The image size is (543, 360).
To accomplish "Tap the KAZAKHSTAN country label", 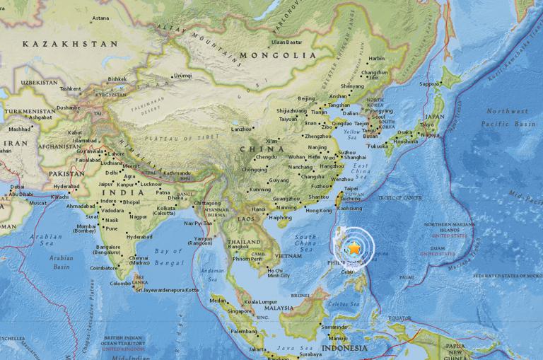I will pos(69,44).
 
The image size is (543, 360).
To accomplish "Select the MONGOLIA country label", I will pos(277,55).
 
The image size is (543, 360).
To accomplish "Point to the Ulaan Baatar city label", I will pos(286,42).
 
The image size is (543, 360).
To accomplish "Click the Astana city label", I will pos(100,18).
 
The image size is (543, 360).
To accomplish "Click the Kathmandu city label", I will pos(178,172).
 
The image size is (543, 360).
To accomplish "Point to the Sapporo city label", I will pos(430,83).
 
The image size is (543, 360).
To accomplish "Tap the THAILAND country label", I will pos(243,242).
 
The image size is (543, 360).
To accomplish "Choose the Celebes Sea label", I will pos(344,304).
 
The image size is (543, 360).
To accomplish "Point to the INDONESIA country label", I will pos(344,348).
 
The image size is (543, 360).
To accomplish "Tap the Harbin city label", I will pos(377,59).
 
